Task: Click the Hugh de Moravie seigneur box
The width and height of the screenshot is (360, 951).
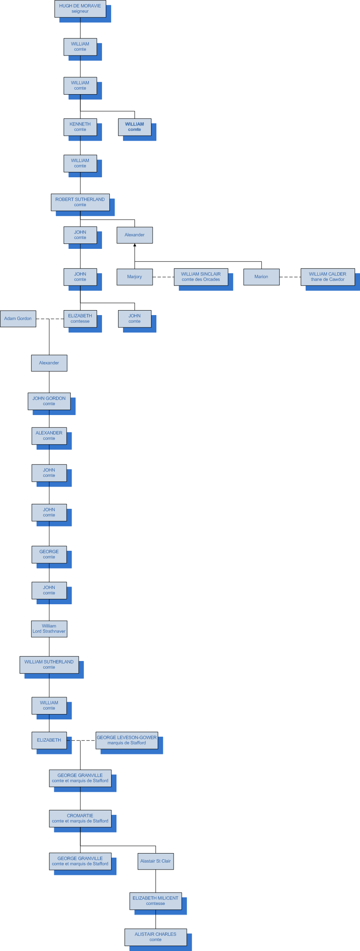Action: [x=80, y=9]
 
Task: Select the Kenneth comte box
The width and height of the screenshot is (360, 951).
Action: [x=80, y=127]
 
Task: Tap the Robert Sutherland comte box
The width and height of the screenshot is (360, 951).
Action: [x=80, y=202]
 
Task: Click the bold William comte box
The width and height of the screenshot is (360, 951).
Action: [x=135, y=127]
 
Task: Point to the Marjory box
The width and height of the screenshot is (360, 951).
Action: [x=135, y=277]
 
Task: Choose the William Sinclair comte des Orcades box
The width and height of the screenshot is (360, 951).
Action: [x=201, y=277]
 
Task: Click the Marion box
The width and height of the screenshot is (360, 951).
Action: [x=261, y=277]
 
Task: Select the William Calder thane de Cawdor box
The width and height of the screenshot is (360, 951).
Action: [x=327, y=277]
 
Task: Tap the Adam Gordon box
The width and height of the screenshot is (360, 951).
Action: [x=18, y=319]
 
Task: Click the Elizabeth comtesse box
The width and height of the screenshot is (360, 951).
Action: [x=80, y=319]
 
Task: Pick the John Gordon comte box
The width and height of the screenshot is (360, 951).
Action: [x=49, y=401]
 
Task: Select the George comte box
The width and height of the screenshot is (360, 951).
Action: [x=49, y=554]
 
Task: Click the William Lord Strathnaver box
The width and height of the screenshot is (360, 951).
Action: [x=49, y=629]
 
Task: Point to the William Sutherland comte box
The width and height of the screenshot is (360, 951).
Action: [x=49, y=665]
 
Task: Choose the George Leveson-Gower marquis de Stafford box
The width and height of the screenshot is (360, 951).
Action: [x=127, y=740]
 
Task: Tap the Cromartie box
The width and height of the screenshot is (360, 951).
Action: [x=80, y=819]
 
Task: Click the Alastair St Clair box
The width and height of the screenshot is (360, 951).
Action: [x=156, y=861]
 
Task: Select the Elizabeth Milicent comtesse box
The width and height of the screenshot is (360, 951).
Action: [x=156, y=901]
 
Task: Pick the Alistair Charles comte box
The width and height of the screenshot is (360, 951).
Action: [x=156, y=937]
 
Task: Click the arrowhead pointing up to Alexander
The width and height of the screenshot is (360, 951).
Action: [x=135, y=245]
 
